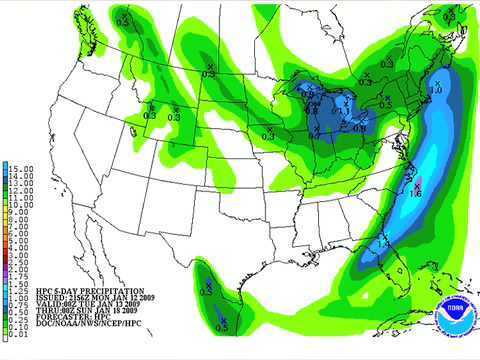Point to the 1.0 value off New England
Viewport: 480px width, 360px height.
coord(436,91)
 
